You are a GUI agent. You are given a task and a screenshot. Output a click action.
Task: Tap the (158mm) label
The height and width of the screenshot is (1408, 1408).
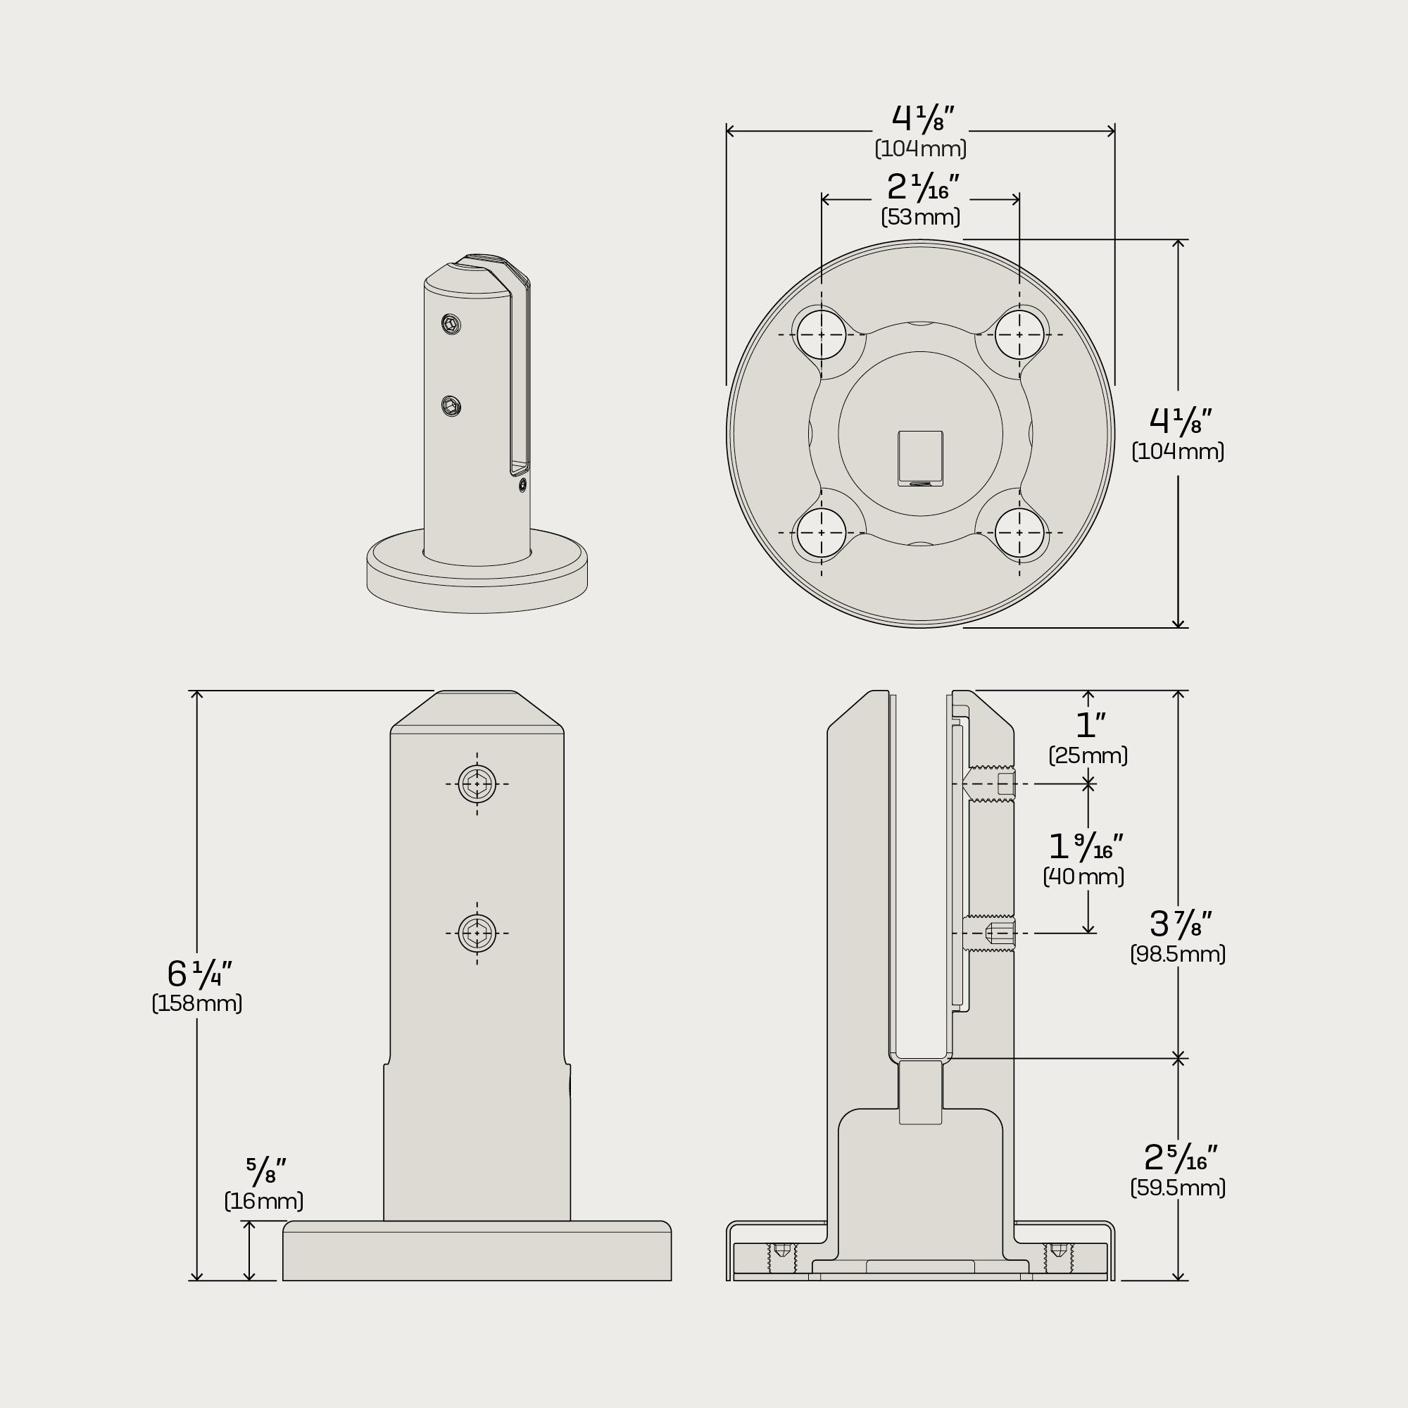click(197, 1003)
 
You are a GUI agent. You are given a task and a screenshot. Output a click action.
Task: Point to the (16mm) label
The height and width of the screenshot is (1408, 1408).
click(264, 1201)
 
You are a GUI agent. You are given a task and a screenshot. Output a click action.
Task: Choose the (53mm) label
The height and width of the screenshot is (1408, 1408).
click(920, 217)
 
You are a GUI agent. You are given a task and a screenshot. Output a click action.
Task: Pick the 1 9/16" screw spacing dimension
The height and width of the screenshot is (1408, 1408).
click(1085, 846)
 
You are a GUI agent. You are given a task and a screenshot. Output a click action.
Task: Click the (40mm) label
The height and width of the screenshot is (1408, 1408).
click(1083, 876)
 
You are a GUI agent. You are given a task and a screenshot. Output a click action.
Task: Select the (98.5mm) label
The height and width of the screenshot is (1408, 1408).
click(1178, 954)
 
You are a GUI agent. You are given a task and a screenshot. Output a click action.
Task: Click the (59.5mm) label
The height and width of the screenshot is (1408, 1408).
click(1178, 1188)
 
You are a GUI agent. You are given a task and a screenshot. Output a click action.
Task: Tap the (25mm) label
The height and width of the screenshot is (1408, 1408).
click(1088, 755)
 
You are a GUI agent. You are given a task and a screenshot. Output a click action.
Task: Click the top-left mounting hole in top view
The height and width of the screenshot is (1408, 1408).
click(822, 334)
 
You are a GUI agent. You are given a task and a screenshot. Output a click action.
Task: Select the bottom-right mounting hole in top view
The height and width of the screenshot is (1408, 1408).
click(1019, 533)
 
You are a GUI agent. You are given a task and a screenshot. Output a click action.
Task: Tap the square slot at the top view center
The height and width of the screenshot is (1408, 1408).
click(920, 458)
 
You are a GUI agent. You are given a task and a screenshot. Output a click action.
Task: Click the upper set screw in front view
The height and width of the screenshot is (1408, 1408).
click(477, 784)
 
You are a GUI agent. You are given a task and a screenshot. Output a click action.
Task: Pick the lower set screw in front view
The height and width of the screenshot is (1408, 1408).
click(477, 933)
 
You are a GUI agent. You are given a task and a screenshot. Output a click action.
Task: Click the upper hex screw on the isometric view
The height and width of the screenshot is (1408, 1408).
click(452, 324)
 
